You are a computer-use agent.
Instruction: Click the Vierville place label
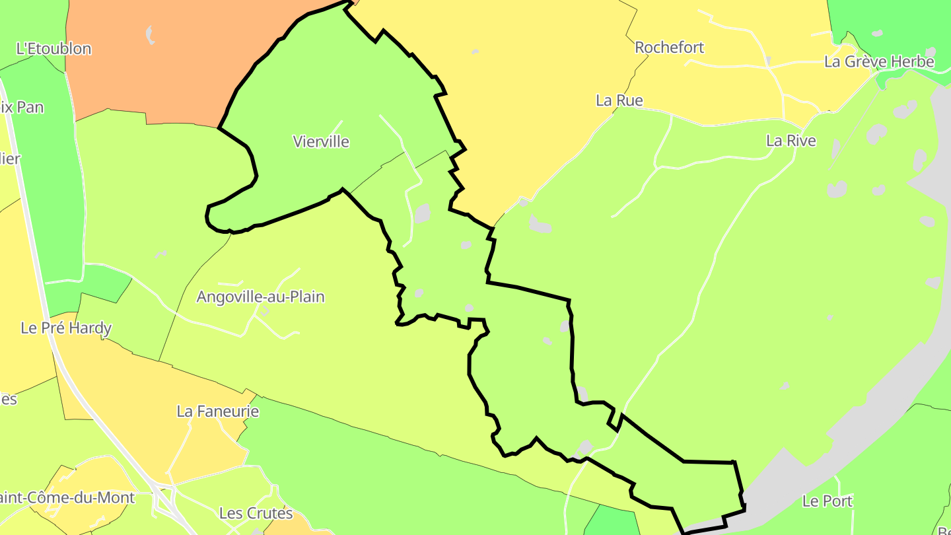point(320,141)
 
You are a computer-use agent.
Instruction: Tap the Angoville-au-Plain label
point(260,297)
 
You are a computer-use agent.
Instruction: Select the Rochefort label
point(669,48)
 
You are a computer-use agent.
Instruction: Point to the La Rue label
point(619,100)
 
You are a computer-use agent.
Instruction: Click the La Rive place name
point(791,141)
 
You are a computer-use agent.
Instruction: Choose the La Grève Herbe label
point(879,62)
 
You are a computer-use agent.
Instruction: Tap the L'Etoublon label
point(53,49)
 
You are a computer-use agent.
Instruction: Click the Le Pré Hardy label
point(66,328)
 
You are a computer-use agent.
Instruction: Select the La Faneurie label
point(217,411)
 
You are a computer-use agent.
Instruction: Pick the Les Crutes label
point(256,513)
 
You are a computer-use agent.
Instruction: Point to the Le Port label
point(827,501)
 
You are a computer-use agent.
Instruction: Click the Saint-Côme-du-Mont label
point(66,497)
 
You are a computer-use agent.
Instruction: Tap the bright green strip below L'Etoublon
point(46,165)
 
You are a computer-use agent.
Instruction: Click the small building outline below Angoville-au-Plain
point(264,310)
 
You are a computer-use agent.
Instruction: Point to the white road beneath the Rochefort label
point(726,65)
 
